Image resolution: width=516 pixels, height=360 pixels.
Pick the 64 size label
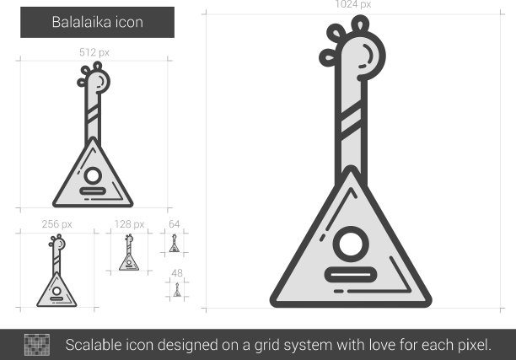pos(174,224)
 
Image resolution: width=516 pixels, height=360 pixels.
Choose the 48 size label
pos(177,273)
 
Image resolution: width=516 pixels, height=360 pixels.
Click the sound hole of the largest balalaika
pos(351,244)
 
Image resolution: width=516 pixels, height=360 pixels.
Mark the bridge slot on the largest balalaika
pos(351,275)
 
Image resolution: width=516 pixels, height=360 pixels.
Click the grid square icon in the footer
pos(37,345)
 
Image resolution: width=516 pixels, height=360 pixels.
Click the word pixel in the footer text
pos(471,346)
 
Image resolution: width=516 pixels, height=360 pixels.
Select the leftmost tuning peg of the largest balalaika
pos(328,58)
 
